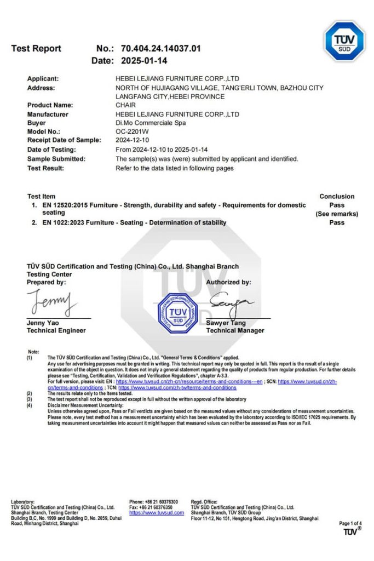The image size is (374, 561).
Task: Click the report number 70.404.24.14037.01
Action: coord(160,48)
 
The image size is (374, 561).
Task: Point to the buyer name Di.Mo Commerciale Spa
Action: coord(151,123)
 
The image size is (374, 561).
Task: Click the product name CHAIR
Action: coord(126,105)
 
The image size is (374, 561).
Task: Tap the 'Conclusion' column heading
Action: coord(337,196)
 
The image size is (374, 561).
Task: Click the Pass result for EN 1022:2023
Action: coord(337,222)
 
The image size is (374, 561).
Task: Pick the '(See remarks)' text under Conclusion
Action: coord(337,214)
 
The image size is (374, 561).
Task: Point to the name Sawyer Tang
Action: coord(226,323)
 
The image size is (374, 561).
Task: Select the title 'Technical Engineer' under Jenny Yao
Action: coord(56,331)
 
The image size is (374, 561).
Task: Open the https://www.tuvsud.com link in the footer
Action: coord(157,513)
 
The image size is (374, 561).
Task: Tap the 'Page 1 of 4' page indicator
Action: coord(350,523)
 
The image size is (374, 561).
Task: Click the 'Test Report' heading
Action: coord(36,48)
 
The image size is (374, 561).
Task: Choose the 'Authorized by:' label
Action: coord(228,282)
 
